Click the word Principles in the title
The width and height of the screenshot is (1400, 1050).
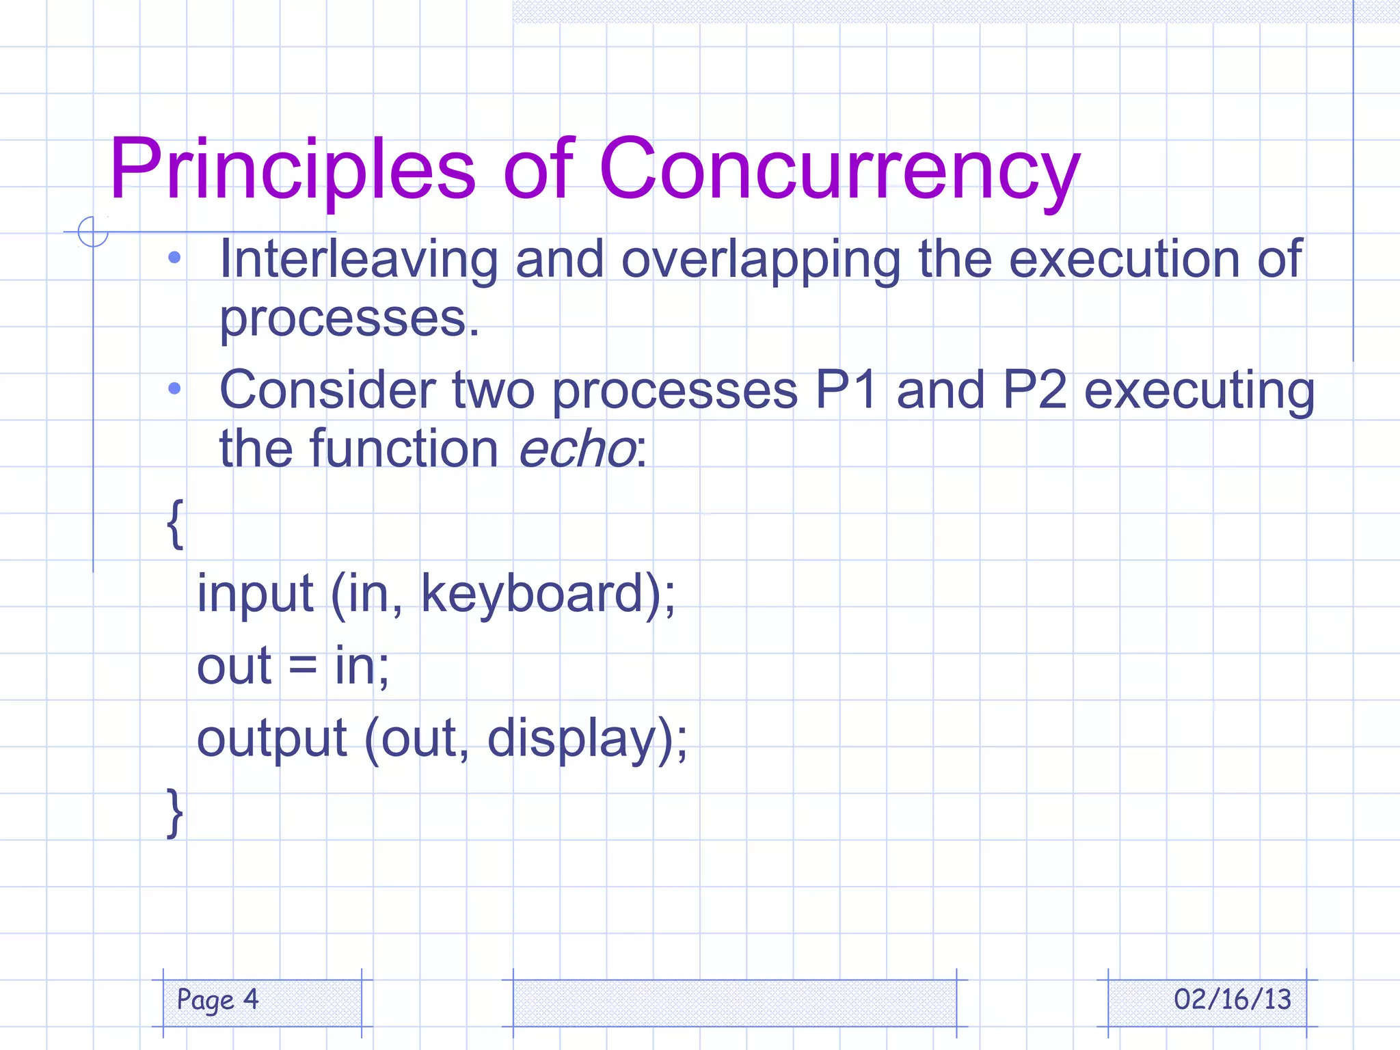292,170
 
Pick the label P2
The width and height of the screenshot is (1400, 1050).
1034,390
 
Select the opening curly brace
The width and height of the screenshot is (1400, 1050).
175,524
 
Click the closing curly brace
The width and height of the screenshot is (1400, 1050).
175,812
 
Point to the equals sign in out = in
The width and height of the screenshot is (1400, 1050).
302,666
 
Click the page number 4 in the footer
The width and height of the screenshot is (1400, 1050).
251,999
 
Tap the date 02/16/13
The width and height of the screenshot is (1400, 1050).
1232,999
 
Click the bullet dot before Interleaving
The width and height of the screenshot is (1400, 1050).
174,258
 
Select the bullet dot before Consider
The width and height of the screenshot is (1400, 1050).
174,388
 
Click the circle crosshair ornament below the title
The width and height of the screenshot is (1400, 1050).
93,231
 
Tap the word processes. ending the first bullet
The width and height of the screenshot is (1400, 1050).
349,319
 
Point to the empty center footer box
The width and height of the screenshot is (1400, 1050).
734,1003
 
